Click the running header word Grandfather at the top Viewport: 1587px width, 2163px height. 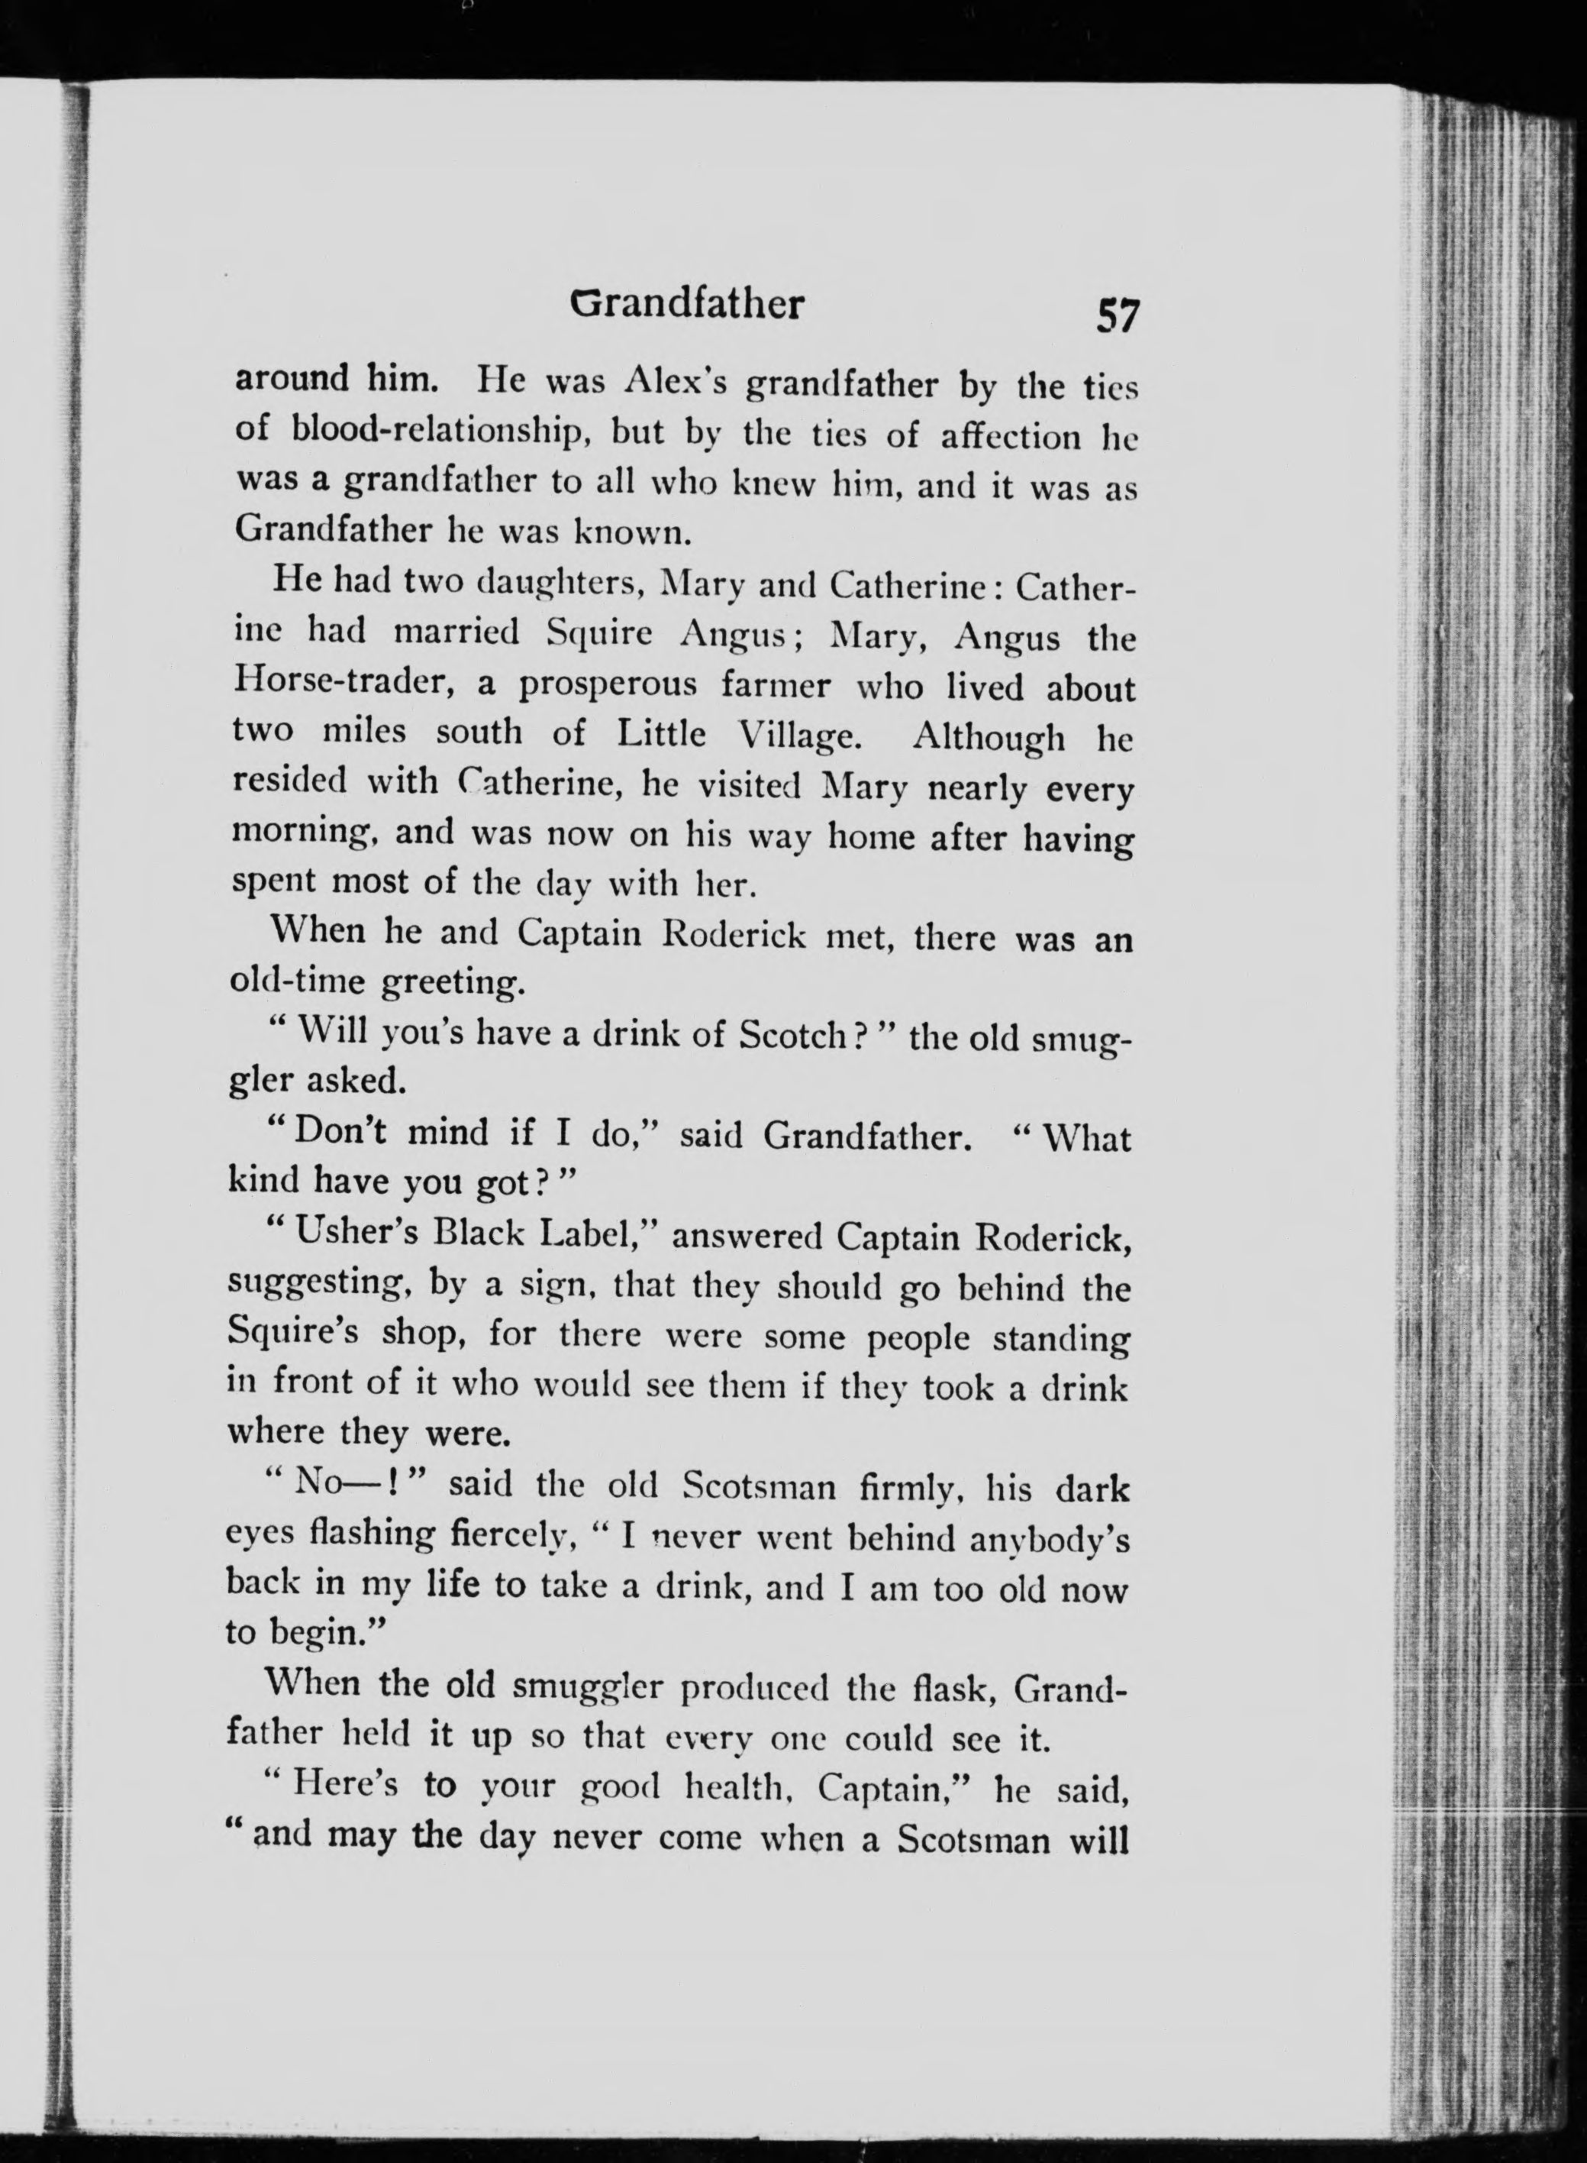pyautogui.click(x=687, y=305)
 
